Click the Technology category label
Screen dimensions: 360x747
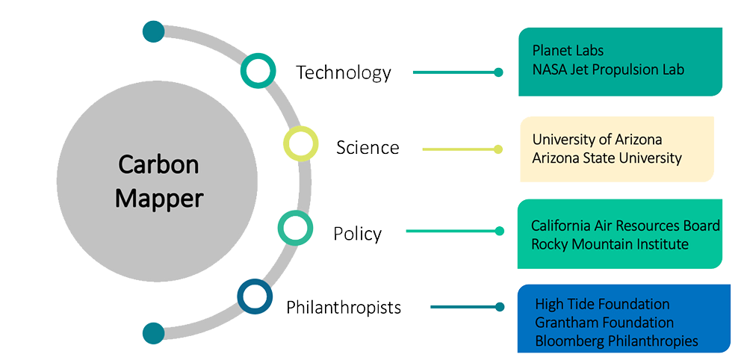(x=343, y=72)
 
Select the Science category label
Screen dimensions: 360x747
(x=368, y=147)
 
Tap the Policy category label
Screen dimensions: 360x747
(x=357, y=234)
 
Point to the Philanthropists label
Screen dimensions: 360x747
(x=344, y=307)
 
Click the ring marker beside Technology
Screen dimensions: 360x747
(x=258, y=71)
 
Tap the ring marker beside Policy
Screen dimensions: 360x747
(x=295, y=228)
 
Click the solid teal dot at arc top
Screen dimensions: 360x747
(x=153, y=31)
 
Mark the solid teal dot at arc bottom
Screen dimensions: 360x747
(x=153, y=333)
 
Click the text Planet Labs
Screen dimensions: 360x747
(x=568, y=51)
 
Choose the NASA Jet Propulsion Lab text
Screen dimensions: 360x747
(x=608, y=69)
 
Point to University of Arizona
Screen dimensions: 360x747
(x=597, y=140)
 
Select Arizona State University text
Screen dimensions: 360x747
(x=607, y=158)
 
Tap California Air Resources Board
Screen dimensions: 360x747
(x=625, y=226)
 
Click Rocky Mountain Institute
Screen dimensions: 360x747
(x=610, y=244)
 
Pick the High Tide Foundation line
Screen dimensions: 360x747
(x=602, y=304)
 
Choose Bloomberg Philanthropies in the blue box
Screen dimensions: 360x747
(x=616, y=341)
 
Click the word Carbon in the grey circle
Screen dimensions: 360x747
(x=160, y=164)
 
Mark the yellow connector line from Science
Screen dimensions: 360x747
(x=459, y=149)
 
